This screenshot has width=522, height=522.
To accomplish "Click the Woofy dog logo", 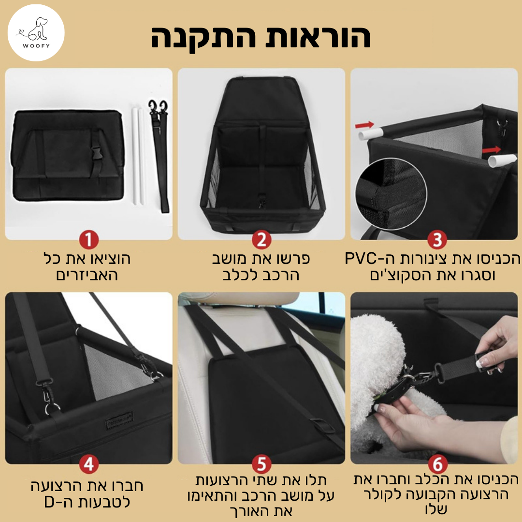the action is [x=36, y=33].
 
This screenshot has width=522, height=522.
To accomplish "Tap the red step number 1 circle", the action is [x=89, y=240].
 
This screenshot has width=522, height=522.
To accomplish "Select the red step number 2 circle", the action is [x=261, y=240].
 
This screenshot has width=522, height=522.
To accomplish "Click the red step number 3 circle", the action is [x=437, y=240].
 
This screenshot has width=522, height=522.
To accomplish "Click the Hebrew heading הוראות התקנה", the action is [x=261, y=37].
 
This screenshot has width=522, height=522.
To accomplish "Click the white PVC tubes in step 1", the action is [x=139, y=156].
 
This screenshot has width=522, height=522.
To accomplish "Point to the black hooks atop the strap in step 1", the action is [x=158, y=107].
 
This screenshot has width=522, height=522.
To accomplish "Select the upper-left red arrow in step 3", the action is [x=364, y=125].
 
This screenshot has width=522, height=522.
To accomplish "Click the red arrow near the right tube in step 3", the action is [x=492, y=149].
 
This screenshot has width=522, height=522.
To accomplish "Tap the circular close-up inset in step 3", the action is [x=391, y=194].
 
